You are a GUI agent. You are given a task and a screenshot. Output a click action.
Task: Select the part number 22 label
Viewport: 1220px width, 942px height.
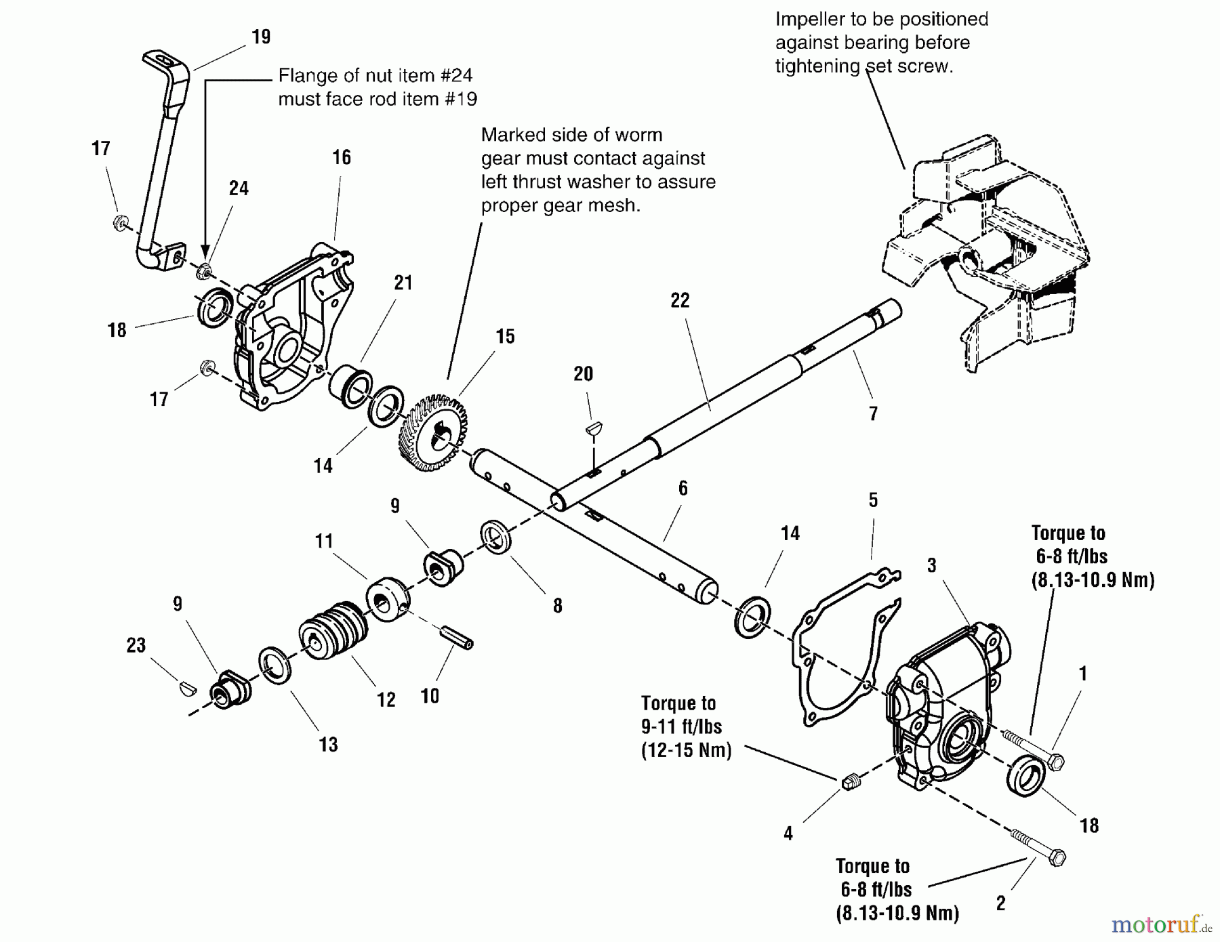pos(680,300)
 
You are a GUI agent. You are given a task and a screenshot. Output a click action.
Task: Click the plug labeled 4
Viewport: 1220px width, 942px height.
pos(850,782)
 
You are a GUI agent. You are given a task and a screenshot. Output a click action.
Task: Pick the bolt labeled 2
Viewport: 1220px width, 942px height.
pos(1037,846)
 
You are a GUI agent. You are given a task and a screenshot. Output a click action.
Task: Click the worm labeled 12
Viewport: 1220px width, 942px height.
pos(333,630)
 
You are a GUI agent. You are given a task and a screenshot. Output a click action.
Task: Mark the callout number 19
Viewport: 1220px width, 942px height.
pos(261,37)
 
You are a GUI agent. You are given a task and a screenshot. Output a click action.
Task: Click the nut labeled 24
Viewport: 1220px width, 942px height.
pos(202,272)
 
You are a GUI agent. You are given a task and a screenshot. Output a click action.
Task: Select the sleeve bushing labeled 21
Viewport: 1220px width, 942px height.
pos(350,388)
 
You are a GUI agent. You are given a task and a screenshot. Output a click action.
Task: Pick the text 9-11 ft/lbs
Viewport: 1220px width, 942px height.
pos(681,726)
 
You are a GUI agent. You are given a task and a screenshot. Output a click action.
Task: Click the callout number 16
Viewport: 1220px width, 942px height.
pos(342,157)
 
